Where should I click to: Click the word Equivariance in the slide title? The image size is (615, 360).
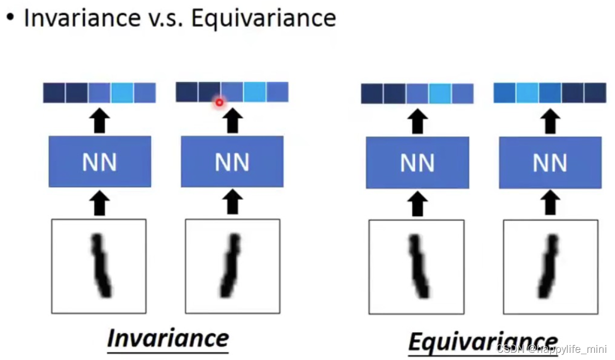tap(263, 18)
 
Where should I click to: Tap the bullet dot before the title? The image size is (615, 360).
tap(9, 17)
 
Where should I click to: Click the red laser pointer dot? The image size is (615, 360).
tap(219, 102)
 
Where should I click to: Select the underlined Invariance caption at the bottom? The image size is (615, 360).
tap(168, 338)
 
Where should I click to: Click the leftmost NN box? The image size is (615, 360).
tap(100, 162)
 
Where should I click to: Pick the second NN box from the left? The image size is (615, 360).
tap(232, 162)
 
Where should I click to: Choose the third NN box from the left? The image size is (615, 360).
tap(417, 163)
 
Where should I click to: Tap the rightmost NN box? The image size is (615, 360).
tap(550, 163)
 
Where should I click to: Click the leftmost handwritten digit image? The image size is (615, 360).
tap(99, 266)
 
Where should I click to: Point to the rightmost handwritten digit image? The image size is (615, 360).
tap(550, 267)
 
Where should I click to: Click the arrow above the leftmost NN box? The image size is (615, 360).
tap(99, 121)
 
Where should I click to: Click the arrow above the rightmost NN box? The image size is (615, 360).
tap(550, 122)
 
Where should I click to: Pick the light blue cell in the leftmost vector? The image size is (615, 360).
tap(122, 93)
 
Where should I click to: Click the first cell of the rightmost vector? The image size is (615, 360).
tap(505, 93)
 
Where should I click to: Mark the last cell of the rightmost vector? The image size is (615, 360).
tap(594, 93)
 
